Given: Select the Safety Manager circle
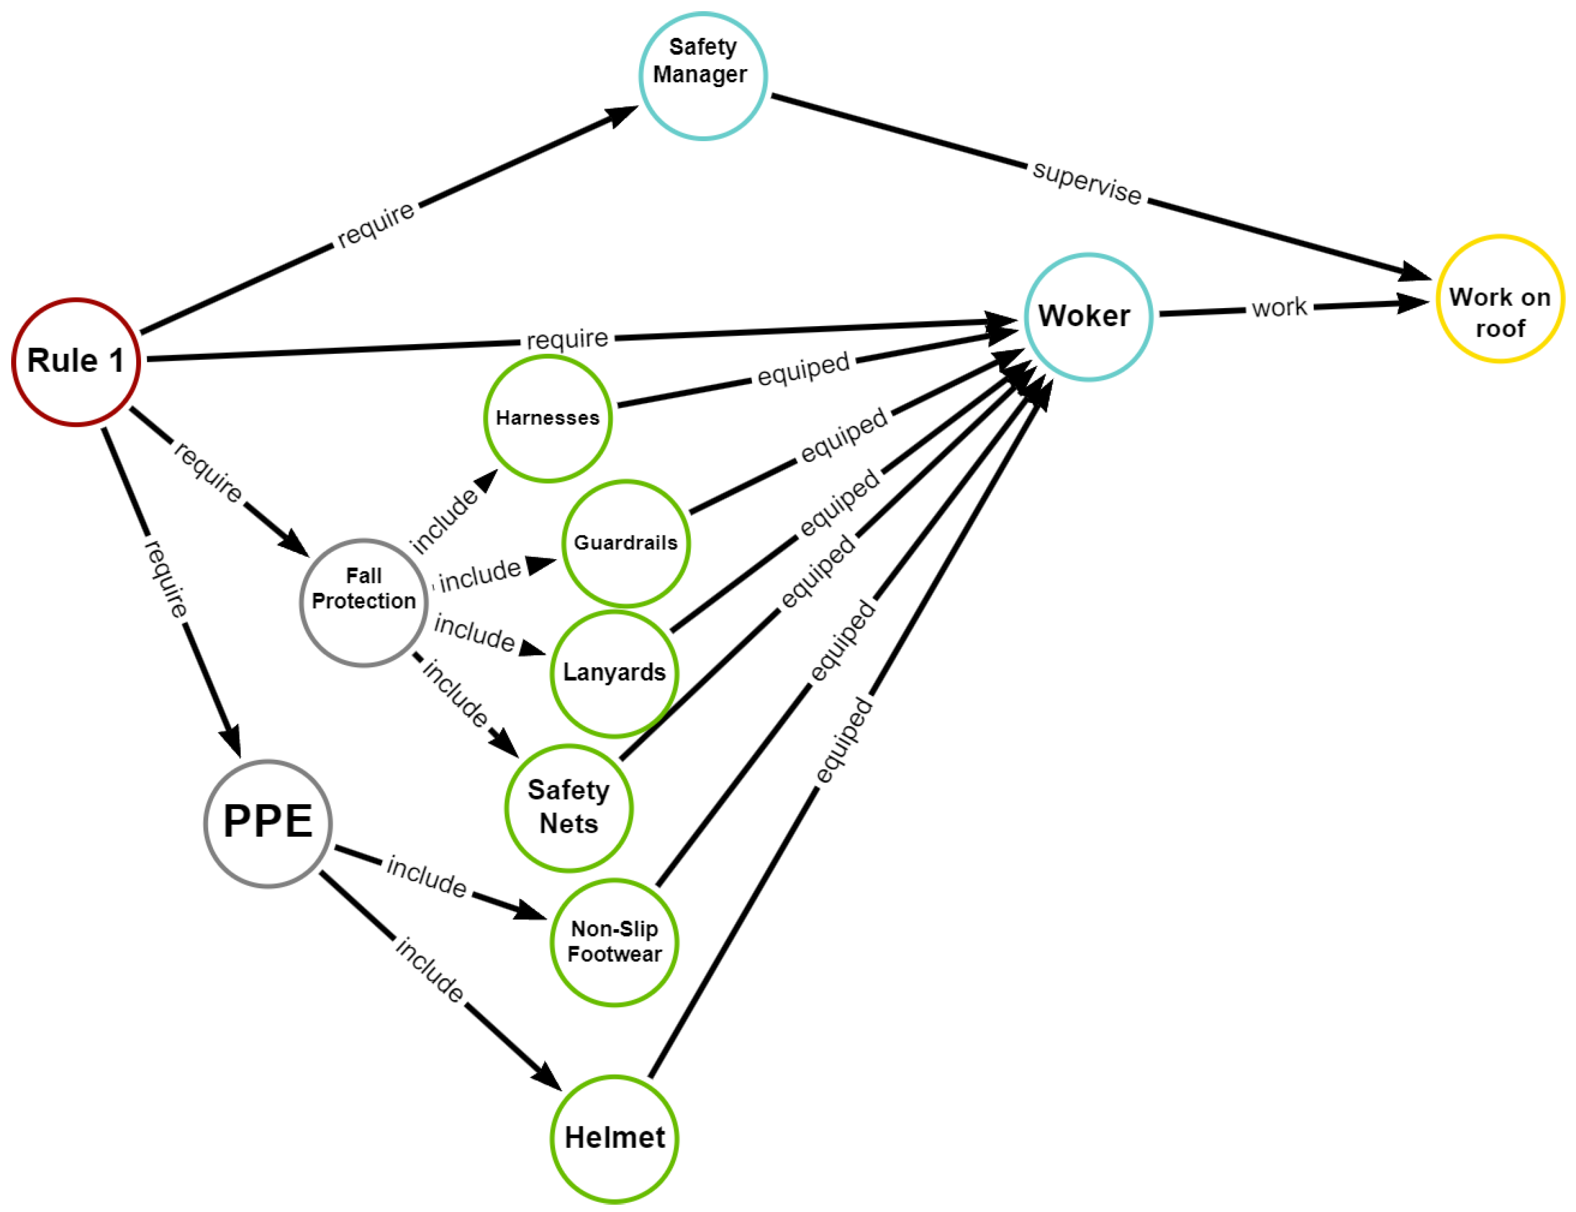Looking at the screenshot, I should (x=702, y=76).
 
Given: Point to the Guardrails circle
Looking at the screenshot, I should (x=625, y=543).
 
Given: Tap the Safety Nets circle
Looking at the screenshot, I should (x=569, y=808).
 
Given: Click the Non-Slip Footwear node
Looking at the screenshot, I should (x=614, y=941).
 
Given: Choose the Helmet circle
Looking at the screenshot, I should (x=614, y=1138).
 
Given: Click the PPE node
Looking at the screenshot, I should (x=268, y=823).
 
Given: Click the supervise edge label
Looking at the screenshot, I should (x=1087, y=183).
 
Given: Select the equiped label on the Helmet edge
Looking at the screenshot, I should (x=843, y=739).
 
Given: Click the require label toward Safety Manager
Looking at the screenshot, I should (x=376, y=225).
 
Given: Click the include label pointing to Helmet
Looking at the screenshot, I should (x=430, y=970).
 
